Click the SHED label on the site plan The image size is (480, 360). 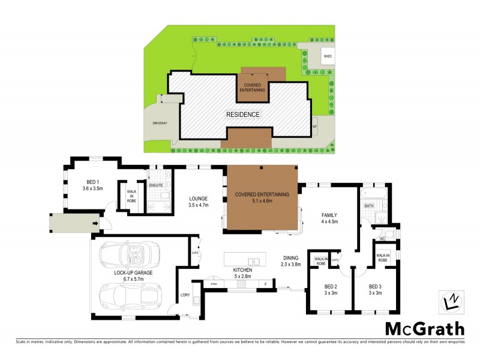(328, 56)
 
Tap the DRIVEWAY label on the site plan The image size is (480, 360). (159, 125)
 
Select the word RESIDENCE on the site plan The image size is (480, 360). (243, 114)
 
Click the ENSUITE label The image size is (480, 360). (156, 185)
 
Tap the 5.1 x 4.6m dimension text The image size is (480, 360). (262, 202)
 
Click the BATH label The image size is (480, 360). (369, 206)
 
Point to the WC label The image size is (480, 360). (381, 238)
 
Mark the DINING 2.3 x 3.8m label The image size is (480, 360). (291, 261)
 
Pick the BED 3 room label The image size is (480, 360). (376, 289)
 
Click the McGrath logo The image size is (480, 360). (424, 328)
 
